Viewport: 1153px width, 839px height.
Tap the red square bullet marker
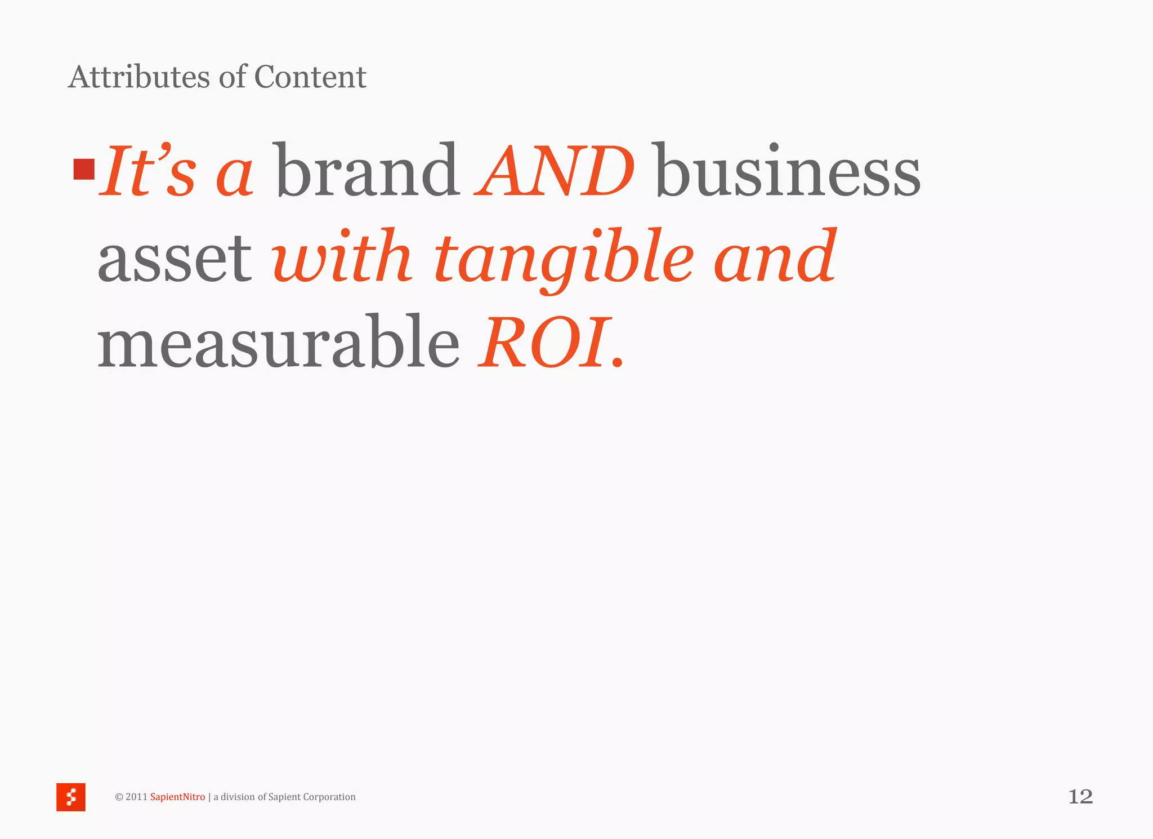coord(84,169)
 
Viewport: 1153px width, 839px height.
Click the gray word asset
coord(175,258)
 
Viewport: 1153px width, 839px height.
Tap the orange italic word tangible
coord(564,258)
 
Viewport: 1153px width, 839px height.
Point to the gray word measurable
coord(279,343)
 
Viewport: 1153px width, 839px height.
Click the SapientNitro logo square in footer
coord(71,797)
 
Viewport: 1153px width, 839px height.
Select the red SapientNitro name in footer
coord(177,797)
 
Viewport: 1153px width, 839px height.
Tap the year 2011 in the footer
coord(136,797)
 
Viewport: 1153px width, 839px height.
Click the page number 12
coord(1080,797)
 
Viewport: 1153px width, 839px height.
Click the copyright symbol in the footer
coord(119,797)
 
